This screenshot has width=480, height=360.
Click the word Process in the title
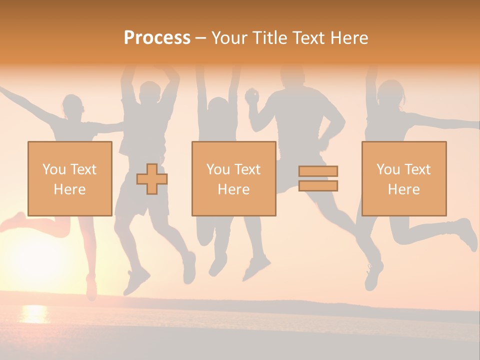[157, 38]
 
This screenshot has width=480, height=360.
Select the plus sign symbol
[152, 179]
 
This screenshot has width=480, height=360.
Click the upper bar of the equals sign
[318, 171]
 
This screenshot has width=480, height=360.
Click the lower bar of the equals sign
[318, 186]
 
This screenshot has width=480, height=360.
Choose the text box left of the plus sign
[69, 178]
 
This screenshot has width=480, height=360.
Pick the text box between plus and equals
[233, 178]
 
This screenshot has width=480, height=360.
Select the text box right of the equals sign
[403, 178]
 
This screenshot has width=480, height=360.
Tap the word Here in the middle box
[233, 189]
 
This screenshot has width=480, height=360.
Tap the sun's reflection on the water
[34, 314]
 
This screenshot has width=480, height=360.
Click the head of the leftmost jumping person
[73, 106]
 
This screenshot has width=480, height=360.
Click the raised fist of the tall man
[252, 95]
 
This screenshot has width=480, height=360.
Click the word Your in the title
[228, 38]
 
